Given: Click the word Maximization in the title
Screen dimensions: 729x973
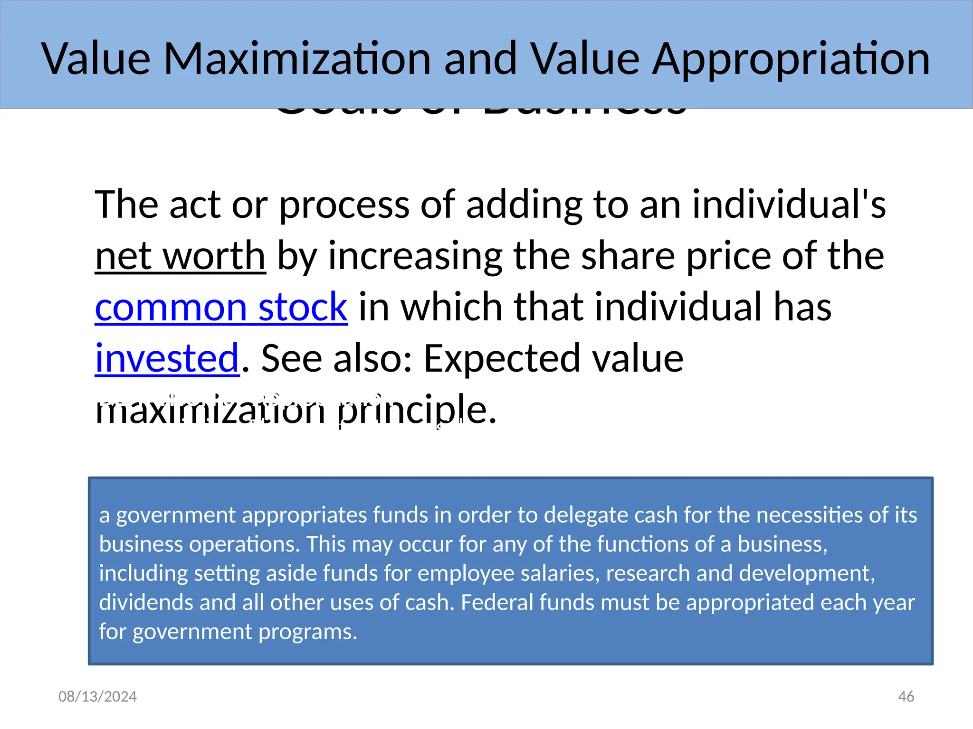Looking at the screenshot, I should [x=297, y=59].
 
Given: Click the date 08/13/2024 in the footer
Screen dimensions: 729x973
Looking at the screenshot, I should [x=97, y=696].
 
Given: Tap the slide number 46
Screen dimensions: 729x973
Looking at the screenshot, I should [x=906, y=696].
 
